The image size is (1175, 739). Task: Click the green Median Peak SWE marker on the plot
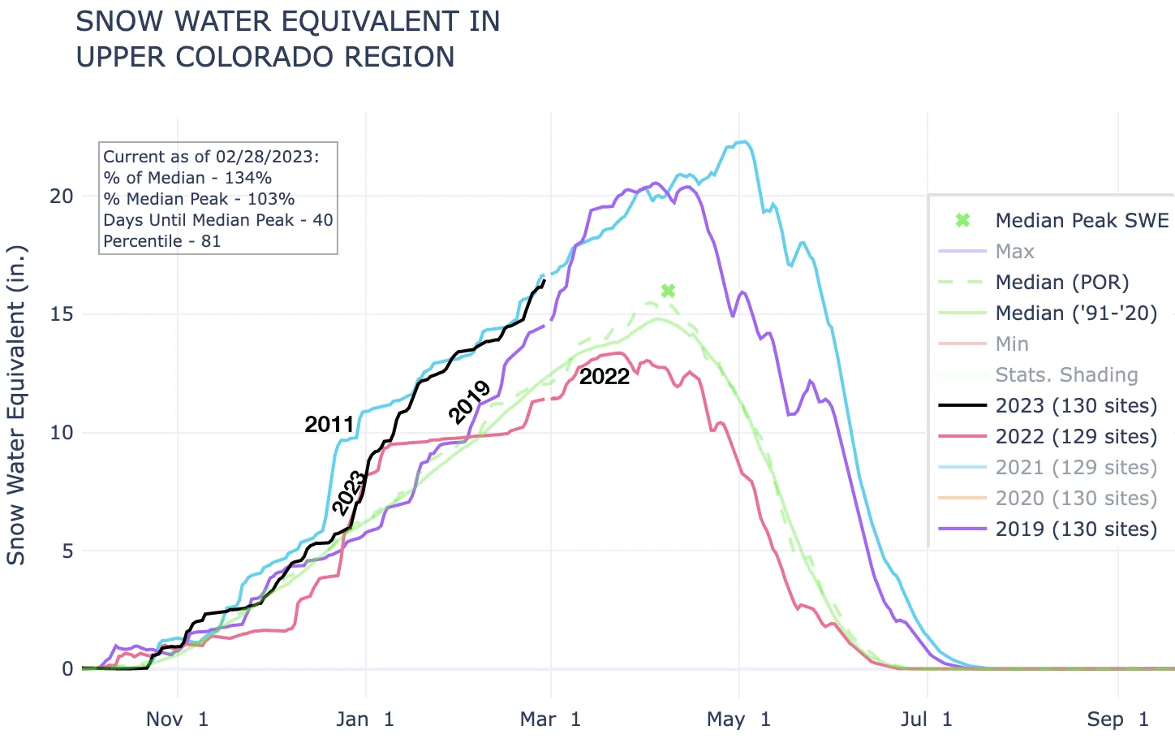click(668, 291)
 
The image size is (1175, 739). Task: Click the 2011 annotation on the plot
click(329, 424)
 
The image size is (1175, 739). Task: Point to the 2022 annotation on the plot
click(605, 376)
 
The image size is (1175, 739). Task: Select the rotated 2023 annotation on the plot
click(350, 492)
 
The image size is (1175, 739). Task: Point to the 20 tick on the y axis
click(62, 196)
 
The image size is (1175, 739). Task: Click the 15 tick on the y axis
click(62, 314)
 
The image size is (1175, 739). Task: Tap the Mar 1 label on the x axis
click(551, 719)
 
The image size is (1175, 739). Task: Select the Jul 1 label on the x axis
click(926, 719)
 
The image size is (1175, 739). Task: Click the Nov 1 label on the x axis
click(177, 719)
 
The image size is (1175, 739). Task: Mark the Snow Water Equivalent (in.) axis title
click(16, 404)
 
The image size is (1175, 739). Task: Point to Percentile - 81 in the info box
click(161, 241)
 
